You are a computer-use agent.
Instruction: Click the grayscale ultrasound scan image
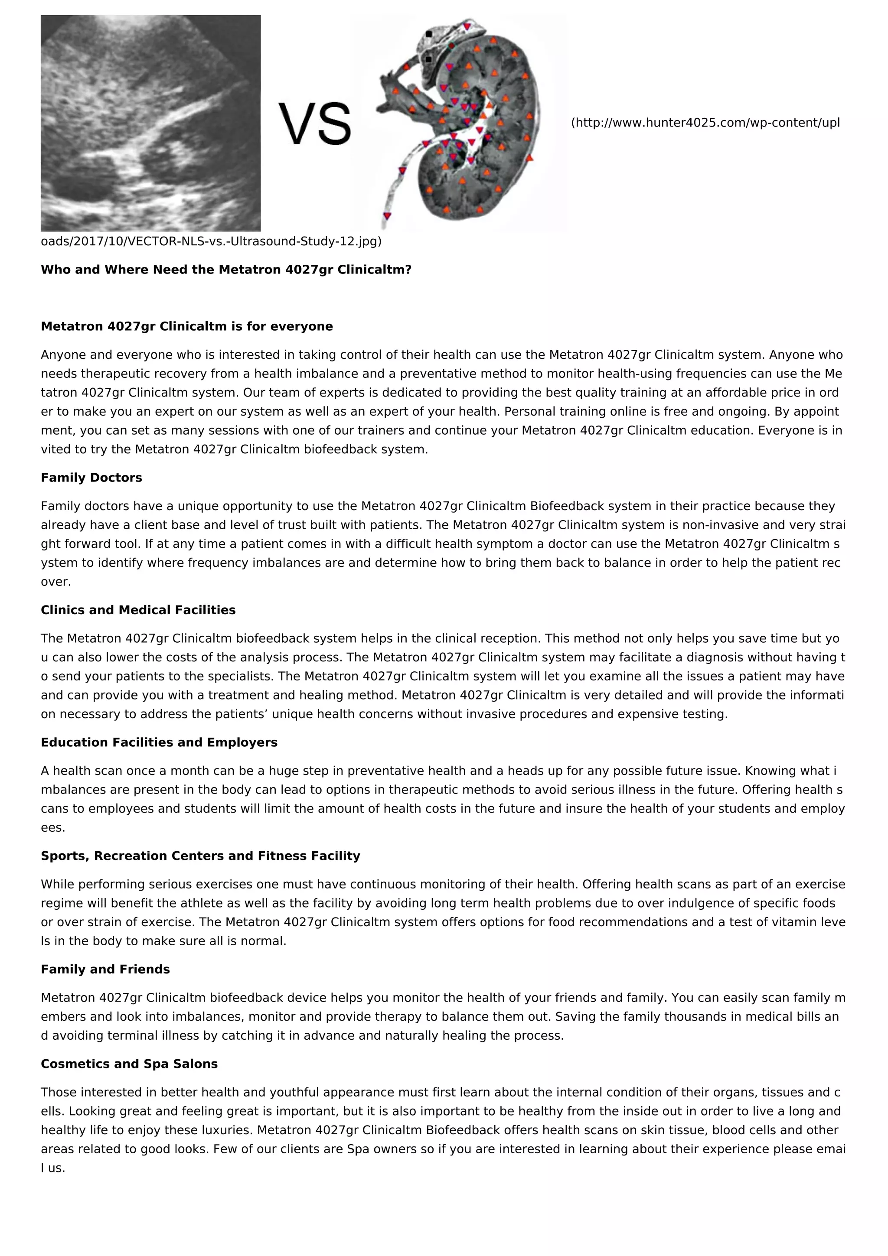150,123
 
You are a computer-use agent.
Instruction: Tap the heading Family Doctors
91,478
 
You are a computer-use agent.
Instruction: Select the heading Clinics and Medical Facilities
138,610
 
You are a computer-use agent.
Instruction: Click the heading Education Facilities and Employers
159,742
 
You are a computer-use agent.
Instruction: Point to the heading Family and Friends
105,970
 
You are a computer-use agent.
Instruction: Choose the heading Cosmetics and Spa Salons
129,1064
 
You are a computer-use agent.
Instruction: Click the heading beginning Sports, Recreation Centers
200,856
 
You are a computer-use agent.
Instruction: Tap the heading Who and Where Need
225,270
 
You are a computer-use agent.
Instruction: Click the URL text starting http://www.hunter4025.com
706,123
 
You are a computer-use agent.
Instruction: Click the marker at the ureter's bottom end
387,215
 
